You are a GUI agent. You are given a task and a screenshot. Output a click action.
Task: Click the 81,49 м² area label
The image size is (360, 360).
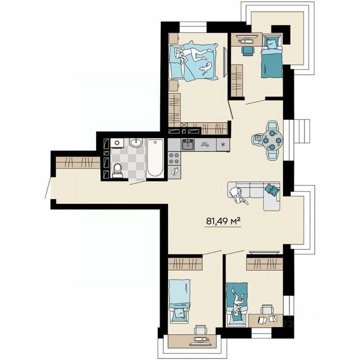[x=223, y=221]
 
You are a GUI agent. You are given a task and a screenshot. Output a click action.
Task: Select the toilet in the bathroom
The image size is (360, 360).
[x=118, y=170]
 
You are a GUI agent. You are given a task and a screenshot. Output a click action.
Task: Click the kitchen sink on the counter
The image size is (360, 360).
[x=188, y=144]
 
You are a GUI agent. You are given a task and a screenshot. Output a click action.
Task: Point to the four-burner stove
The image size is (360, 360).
[x=174, y=158]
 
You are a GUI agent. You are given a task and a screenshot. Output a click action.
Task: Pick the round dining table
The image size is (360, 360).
[x=273, y=140]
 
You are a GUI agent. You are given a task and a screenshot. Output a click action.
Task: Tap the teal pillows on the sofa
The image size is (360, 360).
[x=272, y=190]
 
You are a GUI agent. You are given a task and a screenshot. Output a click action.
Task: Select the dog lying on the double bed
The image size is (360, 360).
[x=205, y=68]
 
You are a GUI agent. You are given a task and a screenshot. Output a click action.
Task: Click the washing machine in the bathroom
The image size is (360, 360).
[x=117, y=143]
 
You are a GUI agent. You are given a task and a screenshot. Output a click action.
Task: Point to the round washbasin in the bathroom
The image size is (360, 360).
[x=136, y=143]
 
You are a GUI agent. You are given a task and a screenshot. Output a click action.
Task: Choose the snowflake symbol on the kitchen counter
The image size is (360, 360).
[x=222, y=144]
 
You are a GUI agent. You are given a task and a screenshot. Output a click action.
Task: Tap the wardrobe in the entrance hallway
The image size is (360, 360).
[x=78, y=163]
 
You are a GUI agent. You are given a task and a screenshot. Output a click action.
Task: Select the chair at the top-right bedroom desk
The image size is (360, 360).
[x=248, y=51]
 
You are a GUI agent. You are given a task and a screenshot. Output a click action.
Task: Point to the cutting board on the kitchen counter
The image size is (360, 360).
[x=174, y=172]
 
